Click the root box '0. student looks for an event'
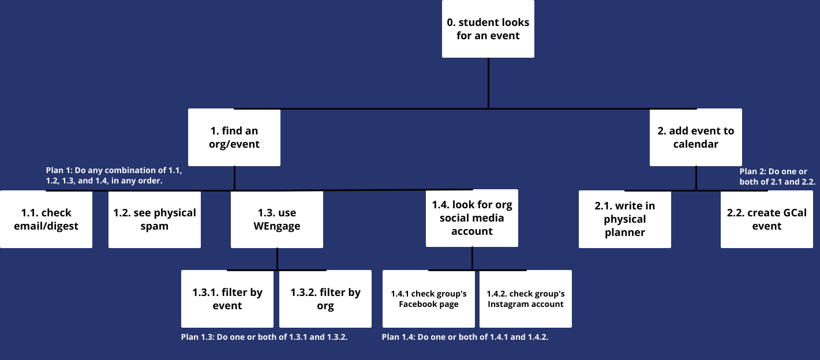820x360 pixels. [x=488, y=29]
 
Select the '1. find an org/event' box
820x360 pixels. [x=234, y=138]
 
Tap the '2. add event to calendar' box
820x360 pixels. [x=696, y=138]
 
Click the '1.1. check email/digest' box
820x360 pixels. [x=46, y=219]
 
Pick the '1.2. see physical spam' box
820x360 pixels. [x=155, y=219]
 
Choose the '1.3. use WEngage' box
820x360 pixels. [x=277, y=219]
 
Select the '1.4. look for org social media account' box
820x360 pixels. [x=472, y=218]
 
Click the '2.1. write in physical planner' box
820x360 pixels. [x=625, y=219]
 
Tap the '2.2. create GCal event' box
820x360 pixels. [x=767, y=219]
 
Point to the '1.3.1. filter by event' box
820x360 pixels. [x=227, y=299]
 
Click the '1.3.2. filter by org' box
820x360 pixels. [x=325, y=299]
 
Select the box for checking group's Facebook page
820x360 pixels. [x=429, y=299]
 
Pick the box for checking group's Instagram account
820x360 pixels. [x=526, y=299]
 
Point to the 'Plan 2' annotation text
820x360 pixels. [x=777, y=176]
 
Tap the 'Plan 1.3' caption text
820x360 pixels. [x=264, y=337]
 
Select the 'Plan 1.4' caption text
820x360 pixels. [x=465, y=337]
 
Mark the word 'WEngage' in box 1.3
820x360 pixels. [x=277, y=226]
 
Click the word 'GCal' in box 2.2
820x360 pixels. [x=795, y=213]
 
